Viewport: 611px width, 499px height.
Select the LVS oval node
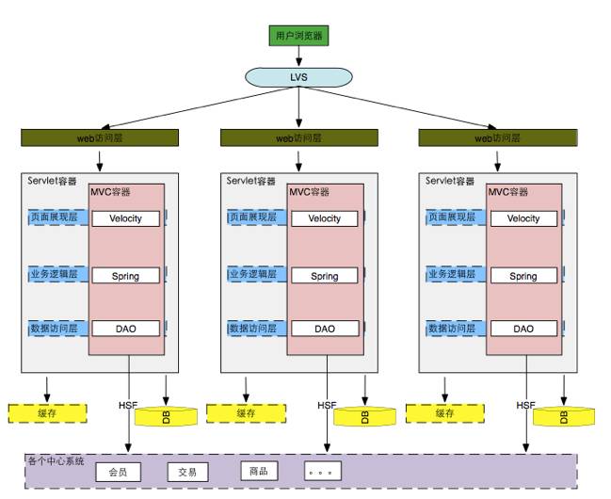pyautogui.click(x=298, y=75)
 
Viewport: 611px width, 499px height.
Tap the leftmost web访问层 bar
pyautogui.click(x=100, y=138)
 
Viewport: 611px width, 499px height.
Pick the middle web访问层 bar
pyautogui.click(x=298, y=138)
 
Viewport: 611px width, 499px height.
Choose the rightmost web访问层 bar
pyautogui.click(x=496, y=138)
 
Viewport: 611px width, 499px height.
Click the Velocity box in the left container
pyautogui.click(x=125, y=218)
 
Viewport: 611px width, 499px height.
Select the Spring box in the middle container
pyautogui.click(x=325, y=276)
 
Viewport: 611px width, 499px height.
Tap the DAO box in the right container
pyautogui.click(x=523, y=329)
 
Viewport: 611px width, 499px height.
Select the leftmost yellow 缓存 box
pyautogui.click(x=47, y=412)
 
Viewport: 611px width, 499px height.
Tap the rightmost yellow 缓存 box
pyautogui.click(x=444, y=412)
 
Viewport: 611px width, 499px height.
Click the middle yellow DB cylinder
pyautogui.click(x=364, y=416)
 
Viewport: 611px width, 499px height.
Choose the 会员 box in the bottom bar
pyautogui.click(x=118, y=472)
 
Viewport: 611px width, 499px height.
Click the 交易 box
pyautogui.click(x=187, y=472)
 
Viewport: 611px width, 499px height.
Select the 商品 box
pyautogui.click(x=259, y=471)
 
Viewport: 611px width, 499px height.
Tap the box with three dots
pyautogui.click(x=323, y=472)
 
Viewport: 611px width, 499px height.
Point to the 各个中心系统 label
pyautogui.click(x=56, y=461)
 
